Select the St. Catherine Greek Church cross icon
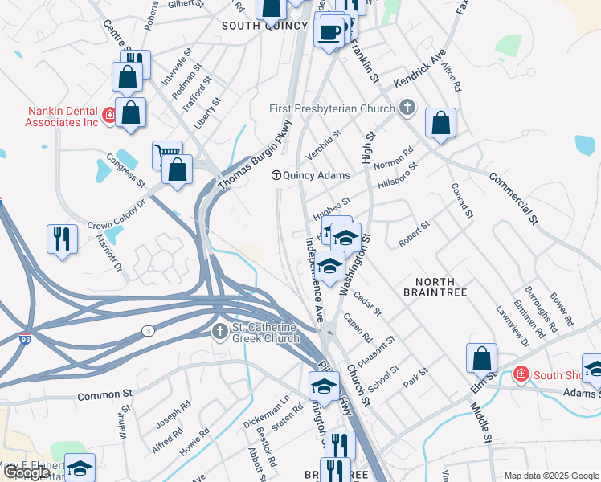[x=220, y=332]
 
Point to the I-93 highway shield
[x=27, y=340]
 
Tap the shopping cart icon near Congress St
[x=167, y=154]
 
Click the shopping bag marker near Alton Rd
[x=440, y=123]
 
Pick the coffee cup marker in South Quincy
[x=329, y=32]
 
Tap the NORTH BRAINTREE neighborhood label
[x=441, y=288]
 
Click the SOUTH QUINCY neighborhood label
[x=265, y=26]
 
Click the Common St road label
[x=104, y=396]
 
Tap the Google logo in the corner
[x=27, y=472]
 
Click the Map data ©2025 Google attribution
[x=550, y=476]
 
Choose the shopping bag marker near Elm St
[x=481, y=359]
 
